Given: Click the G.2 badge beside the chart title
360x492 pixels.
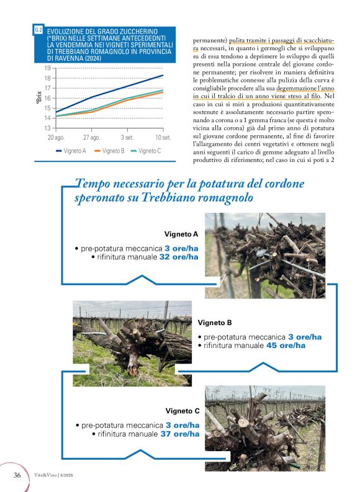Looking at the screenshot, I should (39, 30).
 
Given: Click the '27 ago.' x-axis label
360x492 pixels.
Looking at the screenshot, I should (92, 136).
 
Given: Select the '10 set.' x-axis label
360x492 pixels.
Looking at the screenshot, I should (163, 136).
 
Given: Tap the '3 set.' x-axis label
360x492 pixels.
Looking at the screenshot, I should (127, 136).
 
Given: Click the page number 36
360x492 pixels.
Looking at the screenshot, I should (18, 475).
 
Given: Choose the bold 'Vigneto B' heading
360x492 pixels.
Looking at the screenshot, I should (215, 323).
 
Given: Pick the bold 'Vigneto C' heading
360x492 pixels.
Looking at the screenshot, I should (182, 411).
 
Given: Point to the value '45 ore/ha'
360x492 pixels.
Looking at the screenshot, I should (286, 346).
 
